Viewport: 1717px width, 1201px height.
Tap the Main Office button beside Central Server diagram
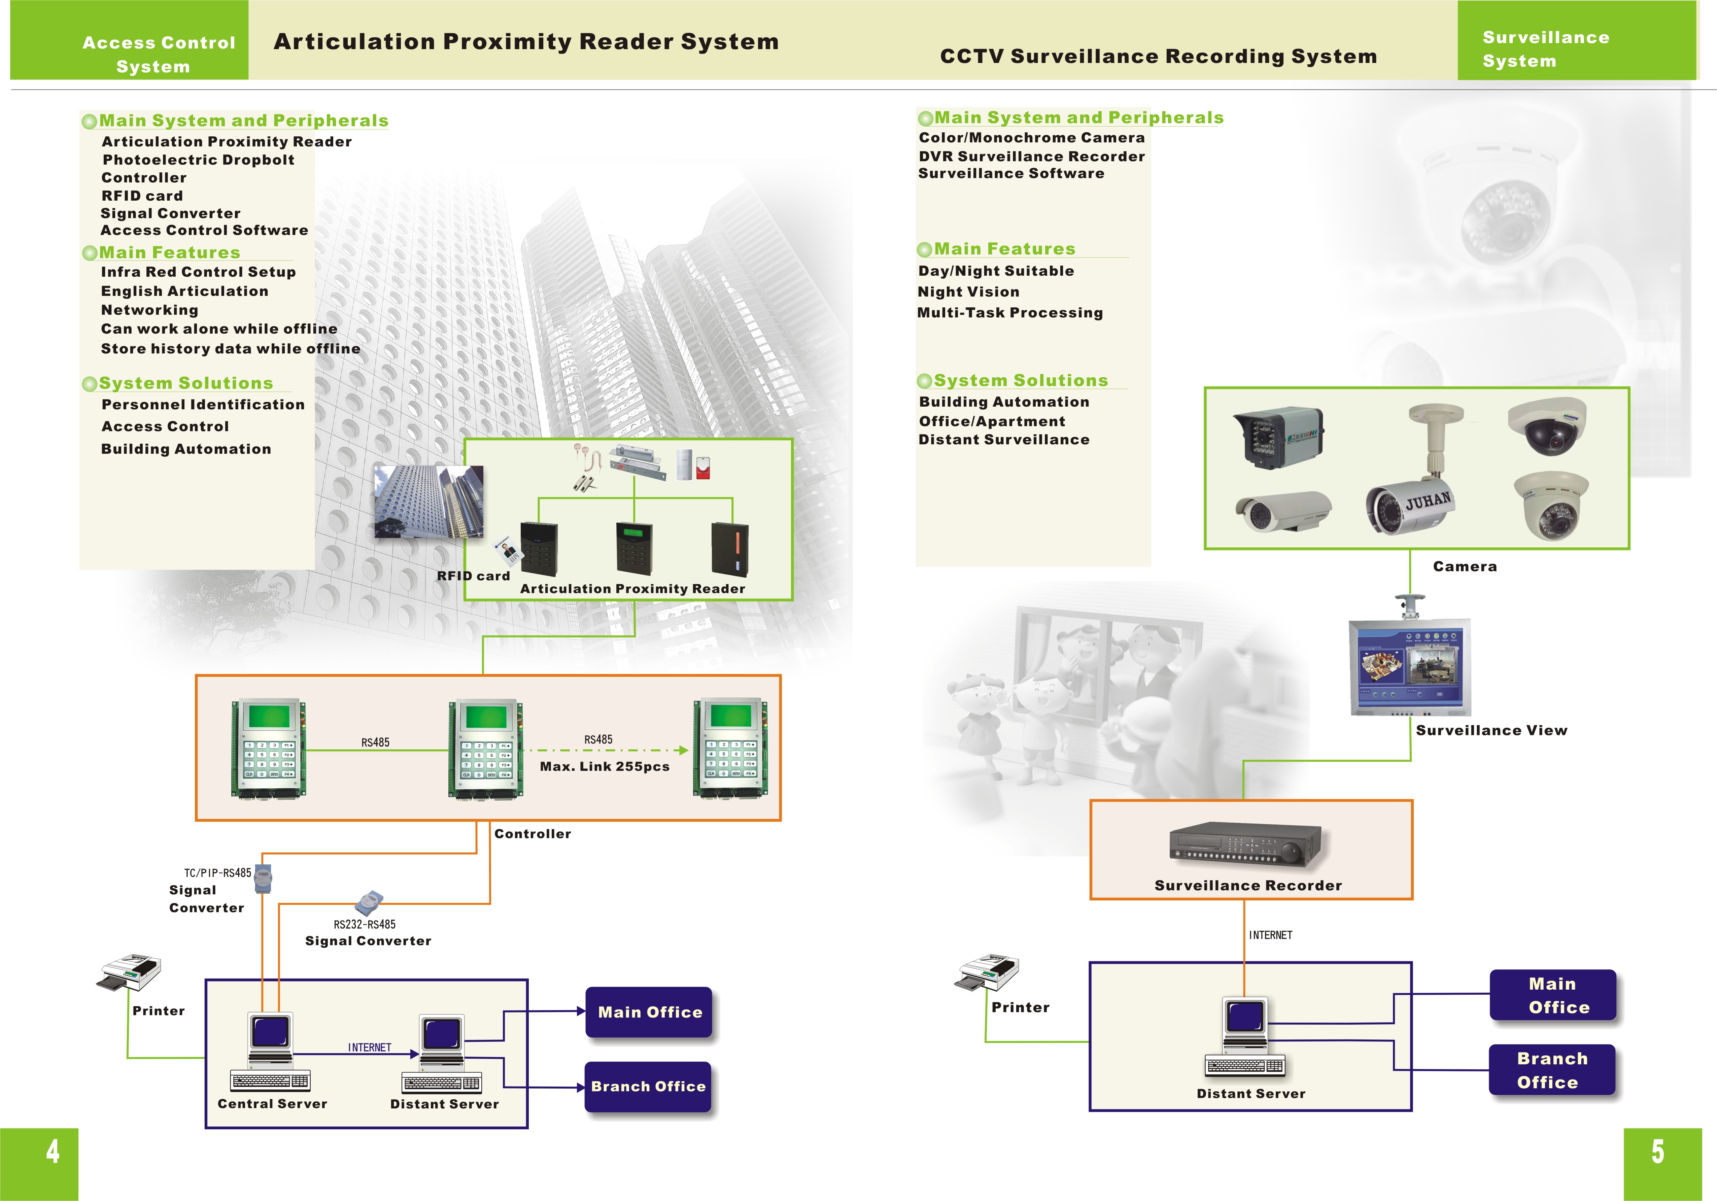coord(649,1012)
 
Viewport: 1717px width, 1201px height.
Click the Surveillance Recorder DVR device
coord(1246,845)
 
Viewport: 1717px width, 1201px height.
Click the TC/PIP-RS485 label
coord(218,873)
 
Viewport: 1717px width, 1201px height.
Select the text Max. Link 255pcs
coord(604,766)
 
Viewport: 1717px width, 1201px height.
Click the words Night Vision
coord(968,291)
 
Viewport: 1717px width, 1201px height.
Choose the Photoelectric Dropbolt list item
coord(198,160)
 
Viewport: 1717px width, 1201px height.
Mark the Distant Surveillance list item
coord(1004,440)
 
